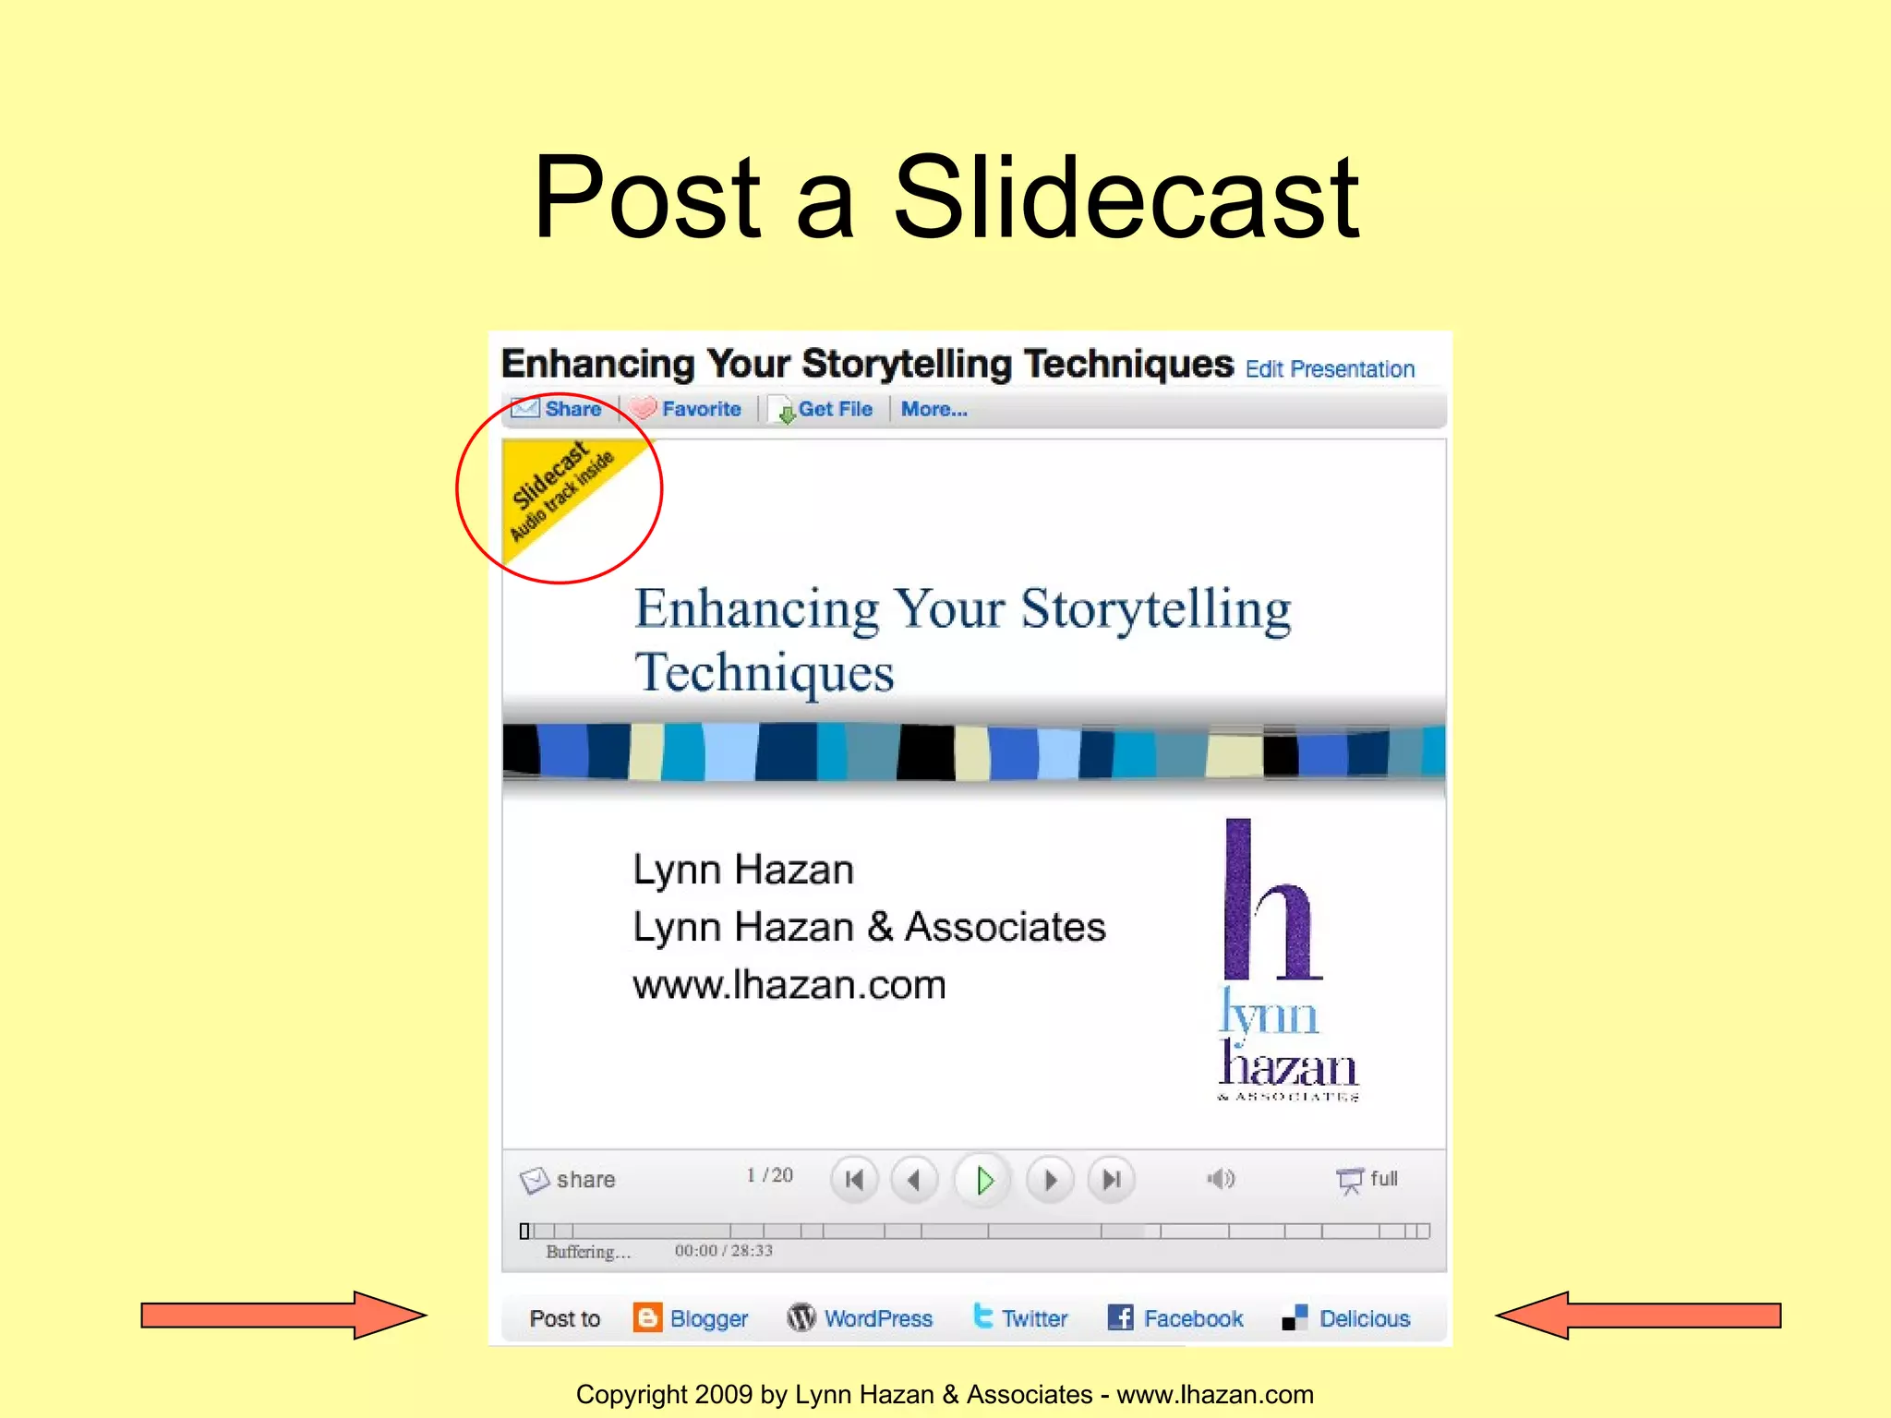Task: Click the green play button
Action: [x=983, y=1180]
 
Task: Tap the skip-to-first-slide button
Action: [x=855, y=1180]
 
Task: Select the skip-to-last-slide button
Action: [x=1112, y=1180]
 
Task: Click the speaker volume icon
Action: [x=1221, y=1179]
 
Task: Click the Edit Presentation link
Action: [x=1330, y=369]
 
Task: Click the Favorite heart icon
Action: [x=643, y=408]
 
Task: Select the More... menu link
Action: [x=934, y=409]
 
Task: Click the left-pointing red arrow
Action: [x=1638, y=1315]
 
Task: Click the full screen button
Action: [x=1368, y=1179]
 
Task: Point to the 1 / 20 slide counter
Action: [x=770, y=1175]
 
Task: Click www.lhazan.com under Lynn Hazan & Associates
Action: [x=789, y=985]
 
